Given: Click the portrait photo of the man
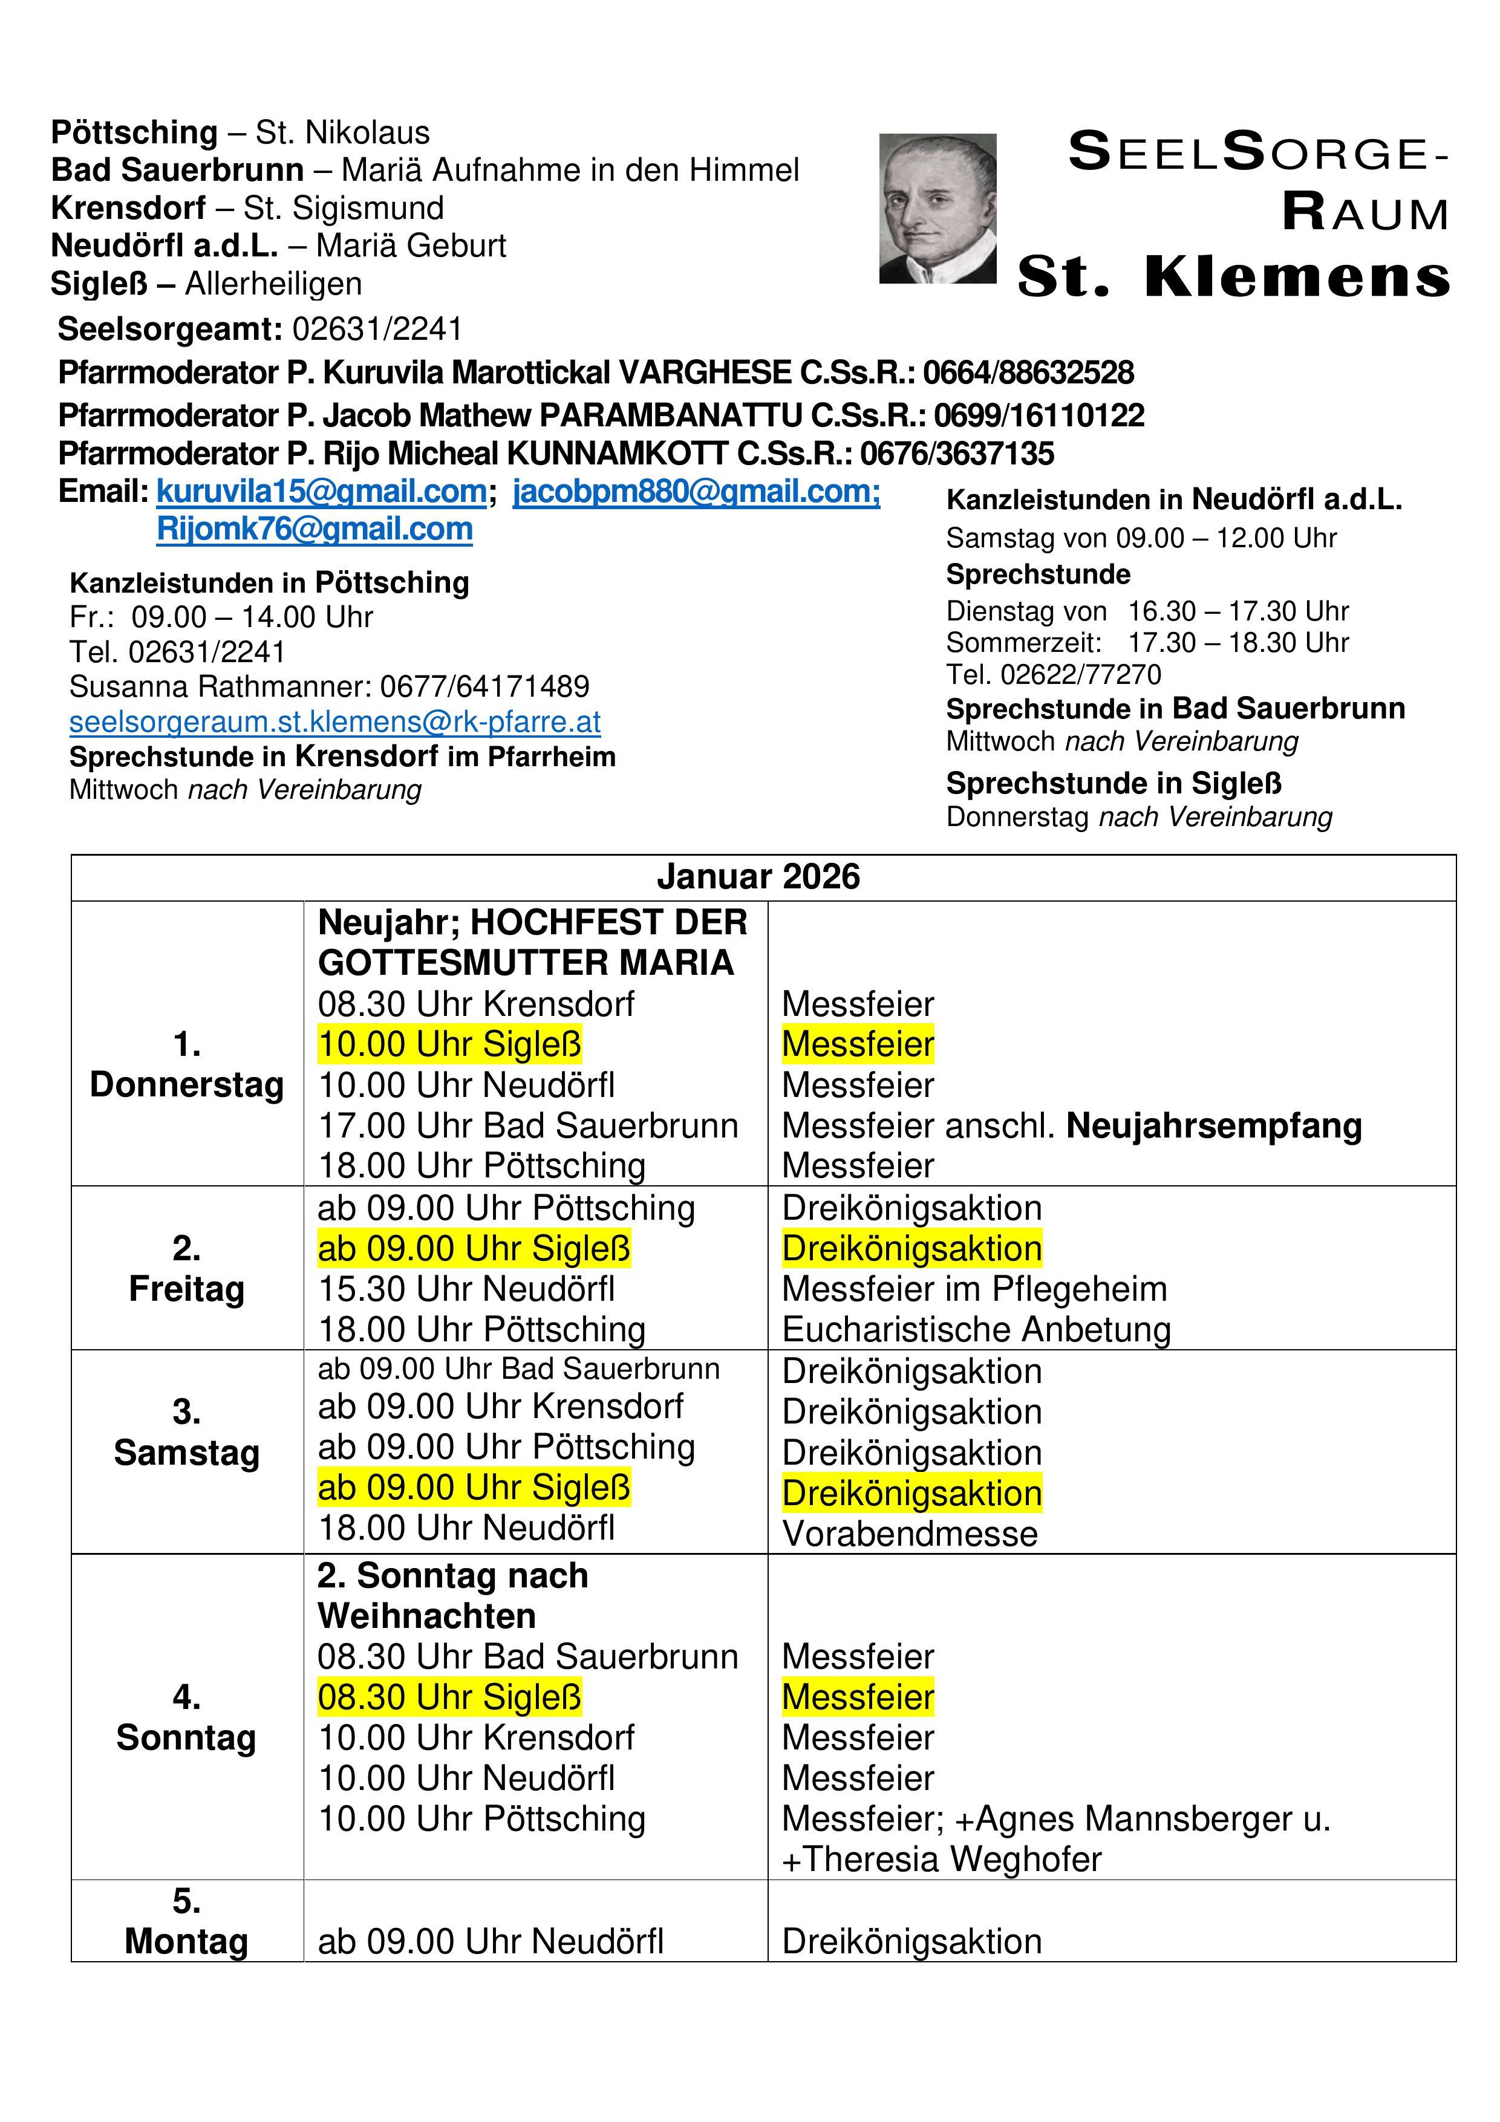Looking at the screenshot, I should click(937, 208).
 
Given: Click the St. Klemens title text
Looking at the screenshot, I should click(1233, 276).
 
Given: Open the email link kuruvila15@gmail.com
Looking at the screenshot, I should click(321, 491).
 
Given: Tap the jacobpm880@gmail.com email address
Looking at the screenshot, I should click(696, 491).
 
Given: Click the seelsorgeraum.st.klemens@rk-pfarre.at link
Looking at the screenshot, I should click(334, 721).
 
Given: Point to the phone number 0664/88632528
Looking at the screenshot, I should click(1028, 373).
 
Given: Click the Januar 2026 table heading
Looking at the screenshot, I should click(758, 876).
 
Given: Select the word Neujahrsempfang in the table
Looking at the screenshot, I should click(1213, 1125).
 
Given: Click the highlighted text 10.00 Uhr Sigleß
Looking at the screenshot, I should click(449, 1044).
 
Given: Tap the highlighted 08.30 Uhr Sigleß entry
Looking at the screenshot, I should click(449, 1697).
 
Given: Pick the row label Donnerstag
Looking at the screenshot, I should click(187, 1084).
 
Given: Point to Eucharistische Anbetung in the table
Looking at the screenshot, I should click(976, 1329).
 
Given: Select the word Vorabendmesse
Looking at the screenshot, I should click(910, 1533).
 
